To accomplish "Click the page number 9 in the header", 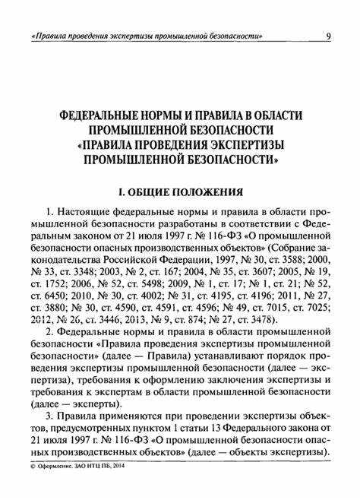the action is point(327,36).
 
